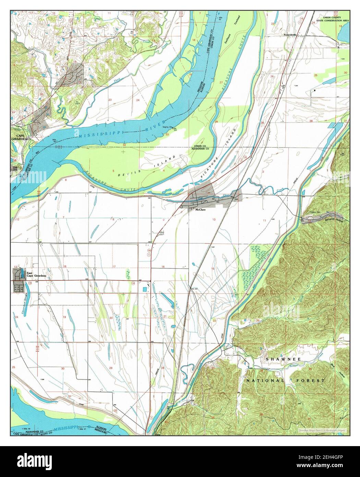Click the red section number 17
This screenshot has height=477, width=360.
[x=114, y=266]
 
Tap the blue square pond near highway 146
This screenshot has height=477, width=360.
[x=145, y=289]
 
